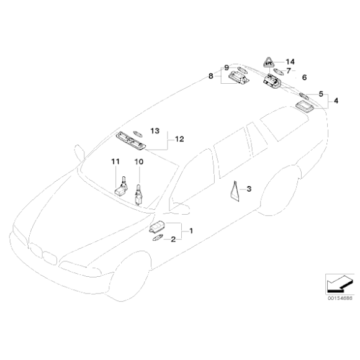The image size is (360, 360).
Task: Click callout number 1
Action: coord(191,231)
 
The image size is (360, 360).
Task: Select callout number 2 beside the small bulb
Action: coord(174,239)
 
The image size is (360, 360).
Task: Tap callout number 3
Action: coord(249,188)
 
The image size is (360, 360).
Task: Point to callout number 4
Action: coord(336,99)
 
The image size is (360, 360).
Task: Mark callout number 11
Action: coord(115,162)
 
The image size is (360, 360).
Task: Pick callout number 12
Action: coord(179,139)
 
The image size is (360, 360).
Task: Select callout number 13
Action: coord(155,131)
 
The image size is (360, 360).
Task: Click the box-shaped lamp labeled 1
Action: coord(159,226)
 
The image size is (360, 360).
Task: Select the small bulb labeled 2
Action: coord(156,239)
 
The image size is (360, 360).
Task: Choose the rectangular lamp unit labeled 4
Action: coord(304,108)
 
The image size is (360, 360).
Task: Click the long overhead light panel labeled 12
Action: coord(133,140)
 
